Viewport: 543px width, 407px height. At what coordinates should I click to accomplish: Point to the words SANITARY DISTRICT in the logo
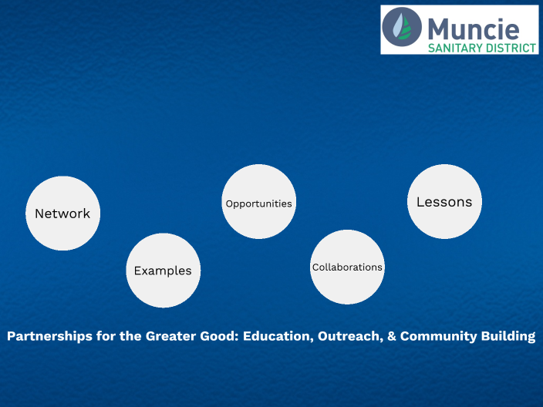[x=482, y=47]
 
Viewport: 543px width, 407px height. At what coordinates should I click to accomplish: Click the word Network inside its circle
[x=62, y=214]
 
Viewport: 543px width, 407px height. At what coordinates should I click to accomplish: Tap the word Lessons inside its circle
[x=444, y=202]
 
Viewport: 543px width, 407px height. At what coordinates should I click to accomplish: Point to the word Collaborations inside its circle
[x=347, y=267]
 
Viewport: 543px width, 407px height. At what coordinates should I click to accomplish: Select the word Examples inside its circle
[x=163, y=271]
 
